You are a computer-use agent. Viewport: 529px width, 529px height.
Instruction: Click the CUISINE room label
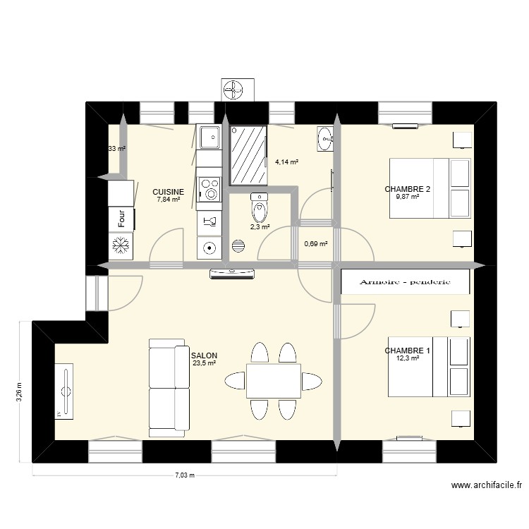169,192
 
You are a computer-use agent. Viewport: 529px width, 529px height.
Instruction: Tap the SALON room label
204,356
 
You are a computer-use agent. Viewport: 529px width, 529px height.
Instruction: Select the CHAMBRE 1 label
407,351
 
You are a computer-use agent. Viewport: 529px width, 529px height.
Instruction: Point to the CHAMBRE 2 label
407,189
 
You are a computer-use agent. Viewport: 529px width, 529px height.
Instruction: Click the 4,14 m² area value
286,162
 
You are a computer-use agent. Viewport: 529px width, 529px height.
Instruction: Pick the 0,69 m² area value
315,244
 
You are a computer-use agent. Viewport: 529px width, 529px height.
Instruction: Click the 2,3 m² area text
260,227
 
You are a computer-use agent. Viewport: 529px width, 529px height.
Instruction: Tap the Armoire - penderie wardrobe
405,281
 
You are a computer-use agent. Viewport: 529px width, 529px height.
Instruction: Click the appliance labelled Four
121,218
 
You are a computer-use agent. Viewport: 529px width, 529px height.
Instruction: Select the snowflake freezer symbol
118,246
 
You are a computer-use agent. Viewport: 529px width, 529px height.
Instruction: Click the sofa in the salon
169,384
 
